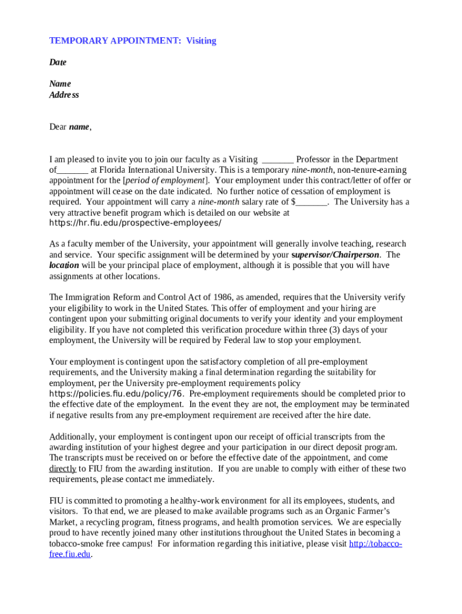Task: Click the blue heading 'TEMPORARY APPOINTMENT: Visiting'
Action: [x=132, y=41]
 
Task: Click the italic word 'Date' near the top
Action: [x=58, y=62]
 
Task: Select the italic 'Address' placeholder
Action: [x=64, y=95]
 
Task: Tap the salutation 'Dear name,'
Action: [x=70, y=127]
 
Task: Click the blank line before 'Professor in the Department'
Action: [x=278, y=159]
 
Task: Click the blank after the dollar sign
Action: [x=312, y=202]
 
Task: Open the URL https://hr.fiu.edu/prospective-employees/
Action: [x=135, y=223]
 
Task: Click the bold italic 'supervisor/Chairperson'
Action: [x=335, y=255]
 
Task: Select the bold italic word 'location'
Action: [x=64, y=265]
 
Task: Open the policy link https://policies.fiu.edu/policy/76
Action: [x=116, y=393]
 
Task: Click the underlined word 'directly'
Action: [x=62, y=469]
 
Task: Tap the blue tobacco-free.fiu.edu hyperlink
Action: [x=375, y=544]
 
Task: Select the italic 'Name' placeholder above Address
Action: [x=60, y=84]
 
